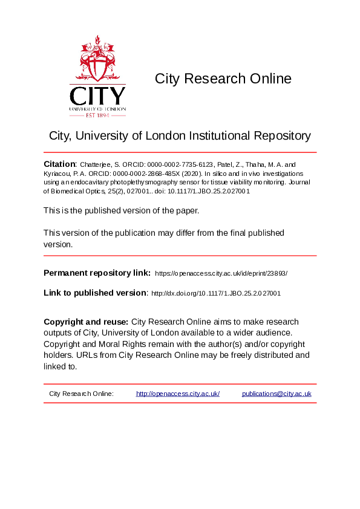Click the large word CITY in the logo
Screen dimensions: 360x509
click(x=97, y=96)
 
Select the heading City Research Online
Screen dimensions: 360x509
click(x=223, y=79)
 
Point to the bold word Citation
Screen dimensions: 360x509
click(x=59, y=164)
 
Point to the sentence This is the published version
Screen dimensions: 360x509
click(x=121, y=210)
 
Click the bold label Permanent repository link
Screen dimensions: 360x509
click(x=97, y=273)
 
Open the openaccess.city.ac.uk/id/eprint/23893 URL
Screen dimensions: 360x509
click(x=221, y=274)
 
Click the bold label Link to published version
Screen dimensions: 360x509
click(x=95, y=293)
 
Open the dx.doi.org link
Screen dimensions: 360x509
click(x=215, y=294)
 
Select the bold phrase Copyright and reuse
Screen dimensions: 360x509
click(x=85, y=322)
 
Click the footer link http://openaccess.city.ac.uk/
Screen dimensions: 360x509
click(x=177, y=394)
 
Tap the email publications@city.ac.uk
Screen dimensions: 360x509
click(x=277, y=394)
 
